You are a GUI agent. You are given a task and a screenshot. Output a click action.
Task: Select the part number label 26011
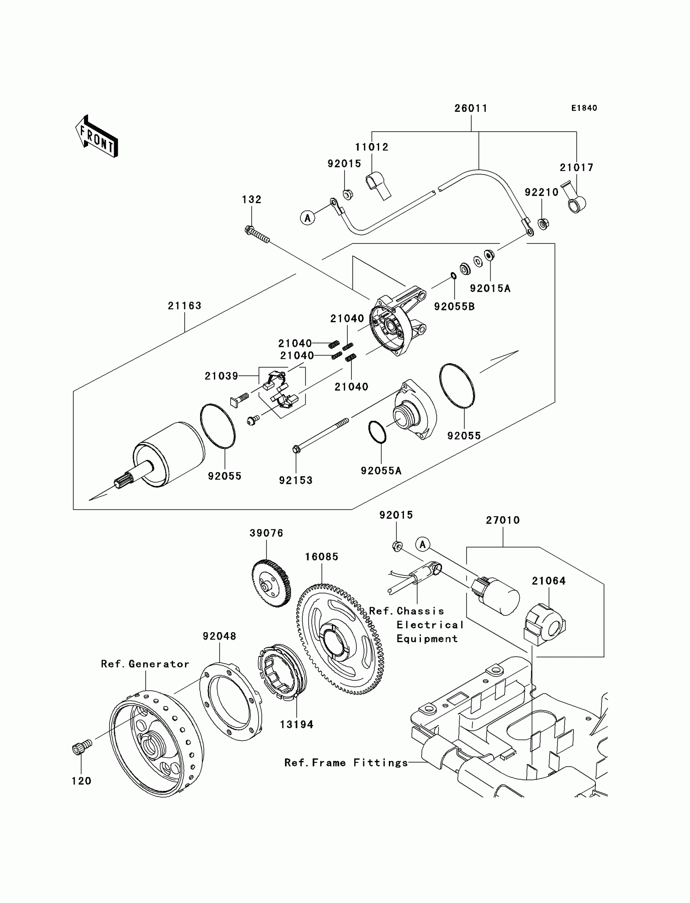click(x=471, y=108)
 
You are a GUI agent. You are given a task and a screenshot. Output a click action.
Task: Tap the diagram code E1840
click(x=584, y=108)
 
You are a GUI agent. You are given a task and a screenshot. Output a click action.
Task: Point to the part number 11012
click(x=372, y=147)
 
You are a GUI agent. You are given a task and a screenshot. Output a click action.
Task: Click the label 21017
click(x=577, y=168)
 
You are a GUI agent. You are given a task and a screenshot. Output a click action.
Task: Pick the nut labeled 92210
click(x=543, y=224)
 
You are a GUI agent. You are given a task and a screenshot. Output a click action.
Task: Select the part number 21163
click(x=184, y=306)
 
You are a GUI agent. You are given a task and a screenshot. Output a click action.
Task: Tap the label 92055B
click(x=454, y=307)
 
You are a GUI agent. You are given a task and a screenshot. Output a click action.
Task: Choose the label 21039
click(x=221, y=376)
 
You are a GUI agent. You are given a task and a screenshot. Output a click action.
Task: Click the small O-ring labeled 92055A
click(x=377, y=432)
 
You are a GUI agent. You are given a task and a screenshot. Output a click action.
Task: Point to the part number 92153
click(x=296, y=481)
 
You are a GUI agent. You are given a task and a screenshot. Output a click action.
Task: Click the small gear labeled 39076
click(x=271, y=583)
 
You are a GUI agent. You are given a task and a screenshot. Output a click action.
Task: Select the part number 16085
click(x=321, y=557)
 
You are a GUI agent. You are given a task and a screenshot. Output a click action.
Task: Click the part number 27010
click(x=503, y=520)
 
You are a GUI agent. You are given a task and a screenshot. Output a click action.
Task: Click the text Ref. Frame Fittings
click(x=346, y=763)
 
